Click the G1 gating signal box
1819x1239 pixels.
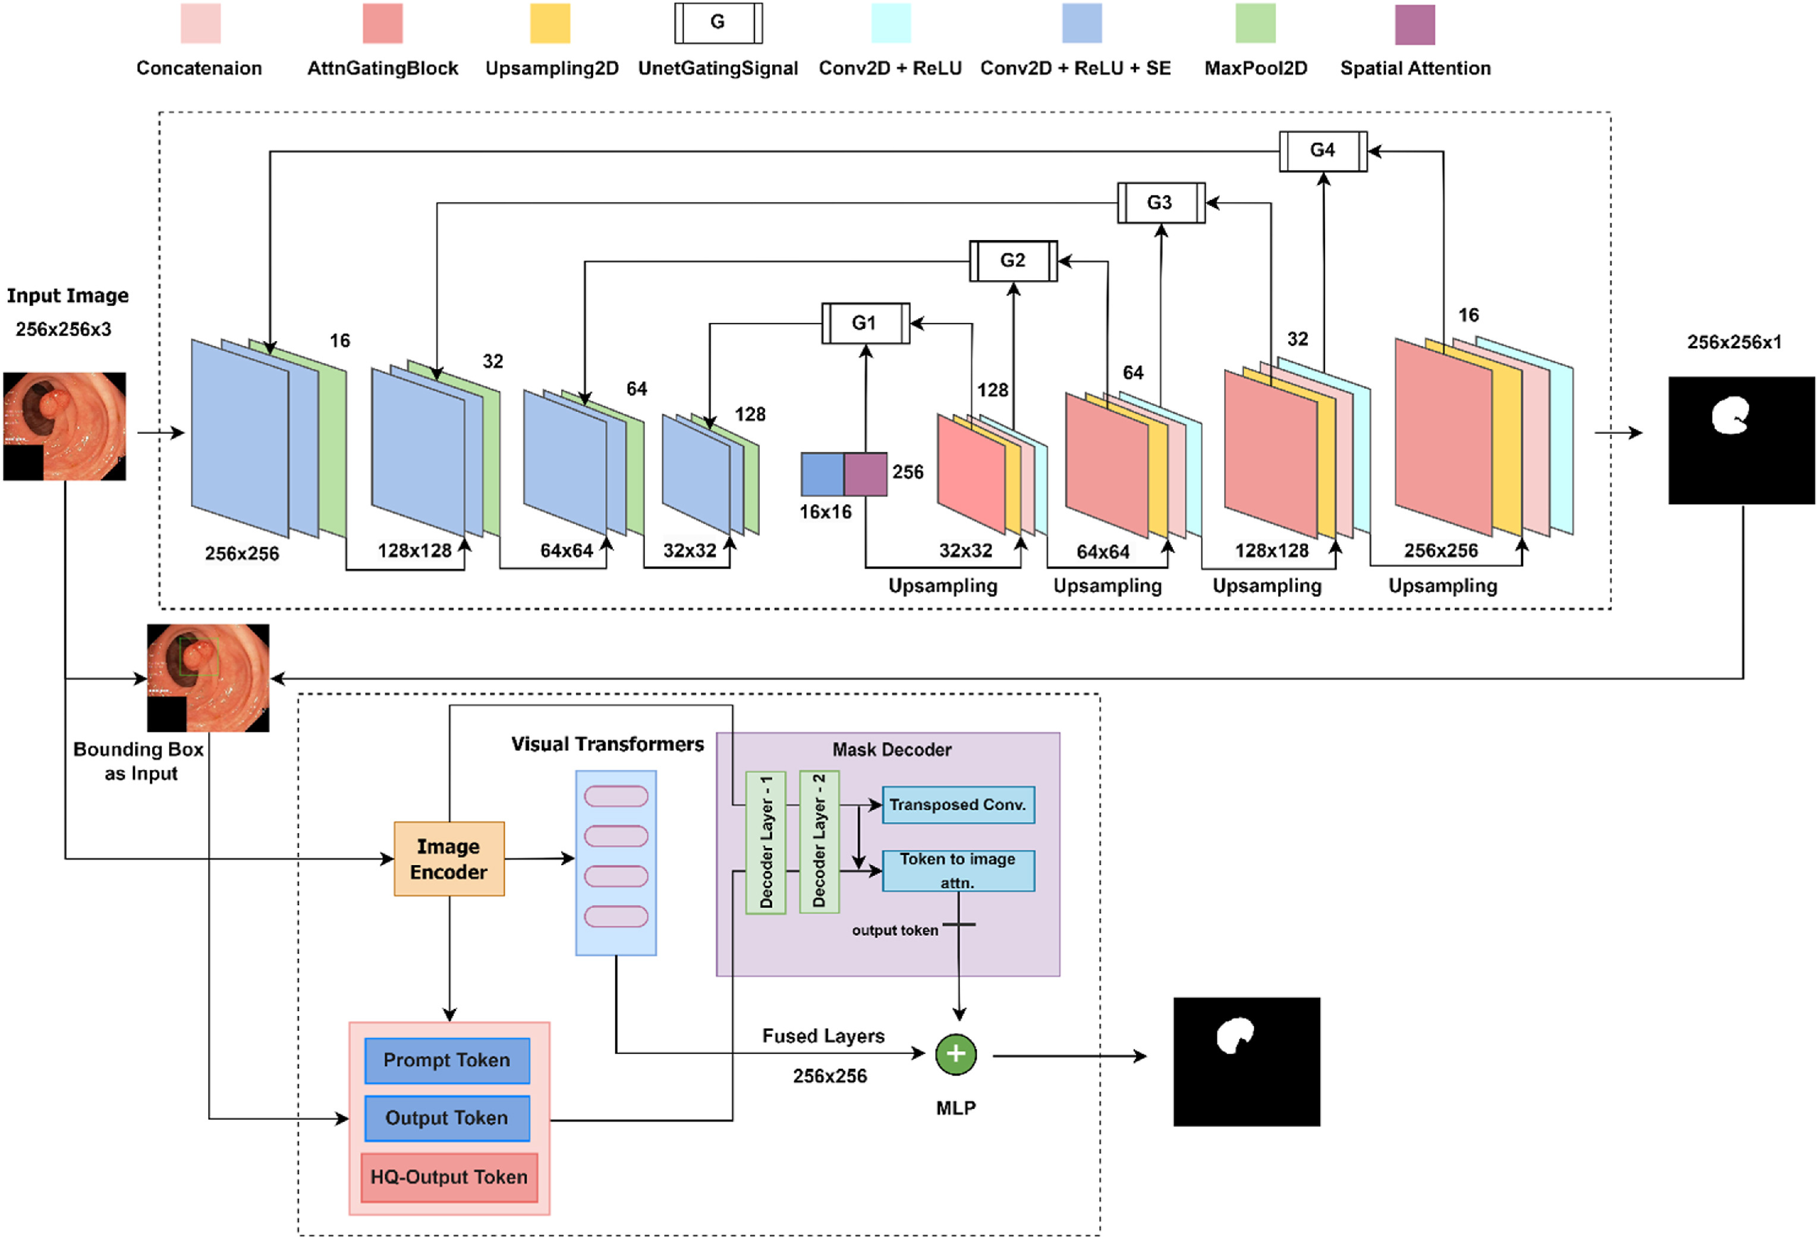(x=865, y=322)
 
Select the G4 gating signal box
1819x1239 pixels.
(x=1323, y=150)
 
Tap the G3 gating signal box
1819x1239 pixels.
(x=1161, y=203)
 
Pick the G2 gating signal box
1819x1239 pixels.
(x=1013, y=260)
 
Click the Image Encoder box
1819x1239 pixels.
(x=448, y=859)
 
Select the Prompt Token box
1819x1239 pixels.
(x=447, y=1060)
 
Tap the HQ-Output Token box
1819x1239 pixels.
(x=448, y=1177)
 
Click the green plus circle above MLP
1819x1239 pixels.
(x=956, y=1054)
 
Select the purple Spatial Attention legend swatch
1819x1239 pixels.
(x=1414, y=24)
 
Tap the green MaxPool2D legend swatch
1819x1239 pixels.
(x=1255, y=23)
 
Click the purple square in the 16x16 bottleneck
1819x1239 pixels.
(x=865, y=473)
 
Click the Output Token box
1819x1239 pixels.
(x=447, y=1118)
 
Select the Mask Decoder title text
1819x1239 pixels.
(x=892, y=750)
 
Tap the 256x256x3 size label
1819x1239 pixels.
(x=64, y=329)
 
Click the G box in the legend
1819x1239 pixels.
(x=717, y=23)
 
